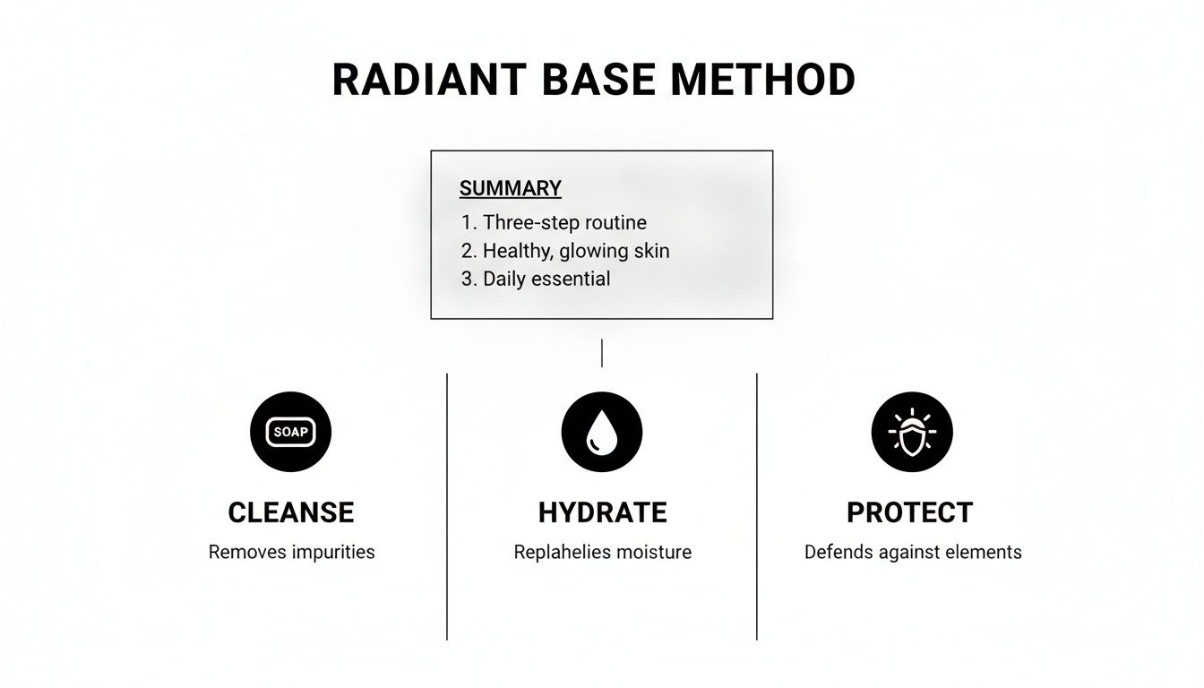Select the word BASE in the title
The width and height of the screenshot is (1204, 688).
(599, 80)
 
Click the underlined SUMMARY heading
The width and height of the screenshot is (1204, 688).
(510, 189)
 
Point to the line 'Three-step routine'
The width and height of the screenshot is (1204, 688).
(554, 222)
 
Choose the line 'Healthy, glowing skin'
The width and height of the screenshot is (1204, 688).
(565, 251)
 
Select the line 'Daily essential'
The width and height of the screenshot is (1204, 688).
(536, 279)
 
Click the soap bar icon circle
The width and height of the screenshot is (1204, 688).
(290, 432)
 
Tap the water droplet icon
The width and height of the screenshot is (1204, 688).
(601, 432)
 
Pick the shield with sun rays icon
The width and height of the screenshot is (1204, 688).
(912, 432)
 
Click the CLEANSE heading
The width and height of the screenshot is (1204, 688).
(290, 512)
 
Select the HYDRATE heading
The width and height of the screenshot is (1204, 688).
(602, 512)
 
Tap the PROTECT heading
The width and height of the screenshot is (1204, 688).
(910, 512)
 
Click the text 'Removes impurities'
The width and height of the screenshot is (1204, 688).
(291, 552)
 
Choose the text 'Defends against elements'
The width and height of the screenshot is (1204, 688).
(912, 552)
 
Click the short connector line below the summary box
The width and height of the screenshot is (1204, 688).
(602, 352)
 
